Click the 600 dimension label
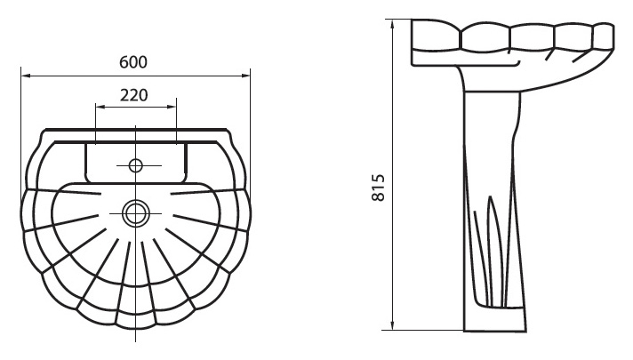(133, 62)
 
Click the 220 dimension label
(134, 95)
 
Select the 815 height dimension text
(379, 188)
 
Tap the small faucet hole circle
(136, 165)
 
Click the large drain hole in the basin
(136, 213)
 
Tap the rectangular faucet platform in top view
(136, 163)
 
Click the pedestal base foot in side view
(495, 320)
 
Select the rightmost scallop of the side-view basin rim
(604, 36)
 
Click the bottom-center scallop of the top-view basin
(136, 320)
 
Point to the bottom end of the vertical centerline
(136, 342)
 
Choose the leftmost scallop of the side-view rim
(436, 36)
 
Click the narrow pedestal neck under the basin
(492, 81)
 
